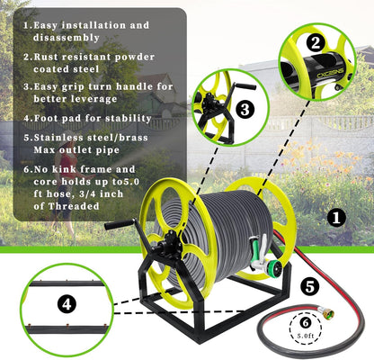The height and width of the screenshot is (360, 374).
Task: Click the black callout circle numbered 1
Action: click(334, 217)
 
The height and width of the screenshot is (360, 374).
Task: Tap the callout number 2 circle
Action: click(314, 41)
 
